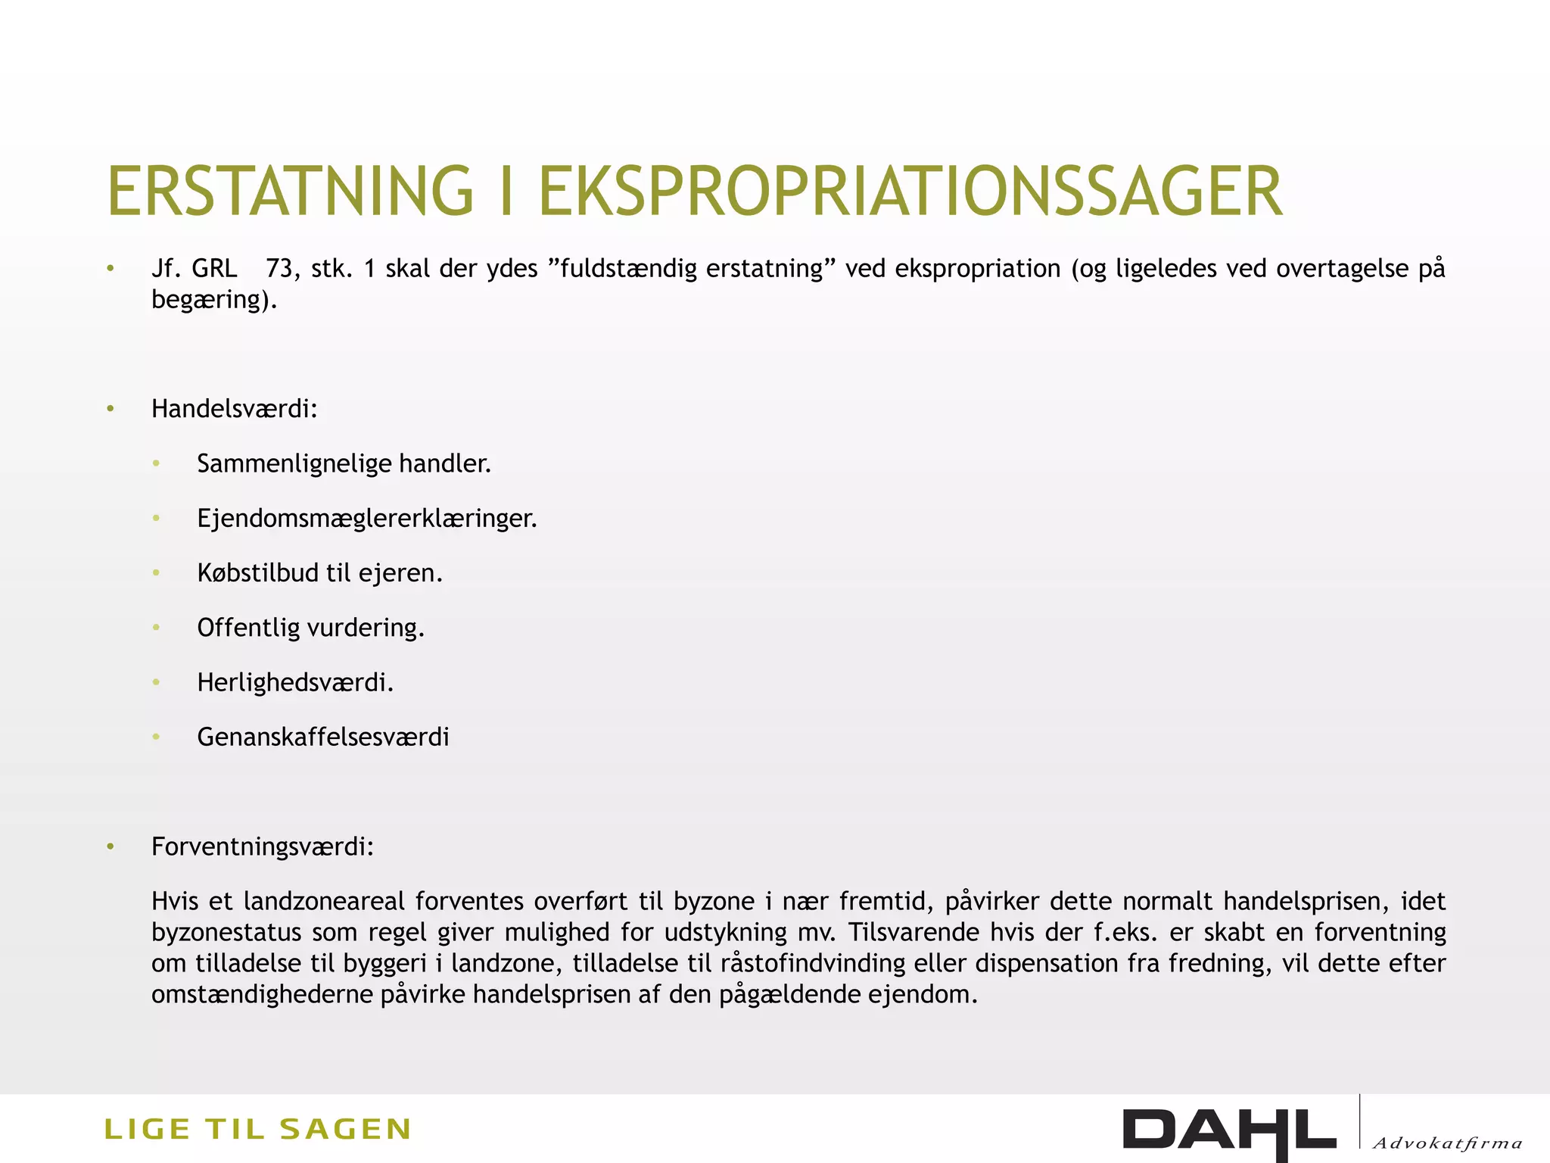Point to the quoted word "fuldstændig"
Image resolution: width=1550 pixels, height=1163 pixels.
[627, 269]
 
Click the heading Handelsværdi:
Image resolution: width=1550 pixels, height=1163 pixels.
[234, 409]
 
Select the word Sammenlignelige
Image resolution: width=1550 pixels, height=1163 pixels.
[293, 463]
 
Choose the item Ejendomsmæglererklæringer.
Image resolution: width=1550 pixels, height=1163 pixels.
[366, 519]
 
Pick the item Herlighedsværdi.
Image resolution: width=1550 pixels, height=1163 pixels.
[294, 683]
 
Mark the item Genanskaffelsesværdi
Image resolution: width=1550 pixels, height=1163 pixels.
[322, 737]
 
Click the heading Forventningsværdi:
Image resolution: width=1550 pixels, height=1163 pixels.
[262, 847]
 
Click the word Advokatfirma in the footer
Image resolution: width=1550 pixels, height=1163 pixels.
[1446, 1143]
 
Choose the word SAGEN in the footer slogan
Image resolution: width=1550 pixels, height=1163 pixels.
[345, 1129]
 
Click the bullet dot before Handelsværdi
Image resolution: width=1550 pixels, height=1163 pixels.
[110, 409]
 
